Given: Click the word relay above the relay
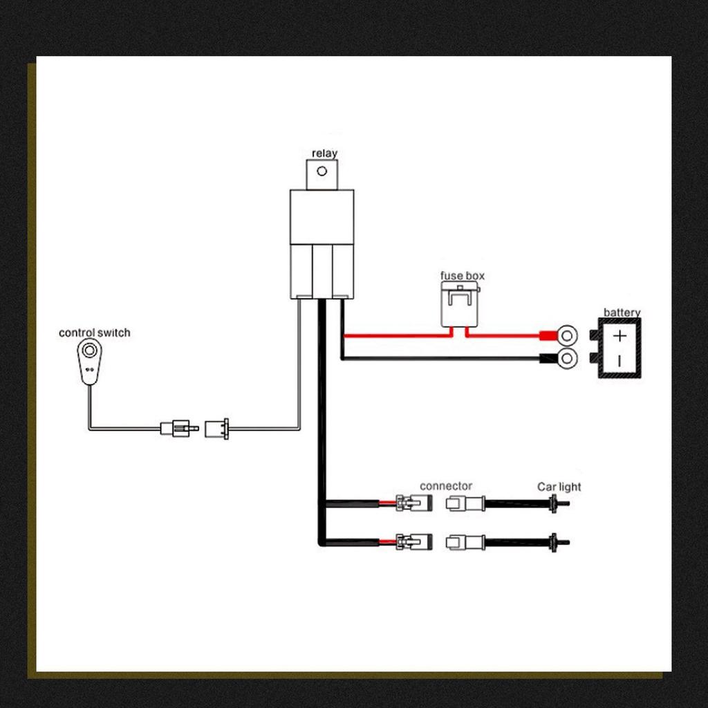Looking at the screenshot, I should pyautogui.click(x=324, y=153).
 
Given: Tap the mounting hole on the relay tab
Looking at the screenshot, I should pyautogui.click(x=321, y=171).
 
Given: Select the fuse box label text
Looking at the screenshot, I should pyautogui.click(x=463, y=276).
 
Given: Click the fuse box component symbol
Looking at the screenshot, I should pyautogui.click(x=459, y=304).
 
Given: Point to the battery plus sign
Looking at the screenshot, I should pyautogui.click(x=620, y=337).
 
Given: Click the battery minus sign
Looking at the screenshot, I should pyautogui.click(x=620, y=360).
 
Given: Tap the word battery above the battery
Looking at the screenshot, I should pyautogui.click(x=622, y=313).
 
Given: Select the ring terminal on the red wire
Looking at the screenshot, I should pyautogui.click(x=566, y=337).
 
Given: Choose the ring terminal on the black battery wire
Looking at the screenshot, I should pyautogui.click(x=566, y=358).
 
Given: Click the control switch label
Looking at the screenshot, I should pyautogui.click(x=94, y=333).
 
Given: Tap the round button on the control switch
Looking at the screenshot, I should pyautogui.click(x=88, y=351).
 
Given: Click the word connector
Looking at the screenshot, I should pyautogui.click(x=446, y=486).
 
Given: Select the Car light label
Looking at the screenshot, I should pyautogui.click(x=559, y=487).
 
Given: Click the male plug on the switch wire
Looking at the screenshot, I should pyautogui.click(x=178, y=428).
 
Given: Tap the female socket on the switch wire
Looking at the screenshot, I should pyautogui.click(x=218, y=428).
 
